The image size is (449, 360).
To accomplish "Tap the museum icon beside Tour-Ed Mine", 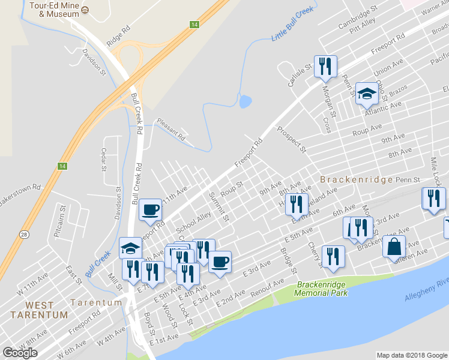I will (85, 10).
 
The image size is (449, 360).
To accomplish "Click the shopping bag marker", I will (394, 247).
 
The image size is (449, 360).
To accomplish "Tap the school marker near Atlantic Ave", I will (367, 94).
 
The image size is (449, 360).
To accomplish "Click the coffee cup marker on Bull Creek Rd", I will (150, 210).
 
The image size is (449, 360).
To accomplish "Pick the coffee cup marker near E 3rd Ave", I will (220, 262).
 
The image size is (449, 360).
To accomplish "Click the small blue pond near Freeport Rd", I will (245, 101).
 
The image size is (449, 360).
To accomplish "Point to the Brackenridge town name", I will (356, 179).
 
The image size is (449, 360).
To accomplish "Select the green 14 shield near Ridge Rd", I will (194, 25).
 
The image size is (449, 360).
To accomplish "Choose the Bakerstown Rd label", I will (20, 194).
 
